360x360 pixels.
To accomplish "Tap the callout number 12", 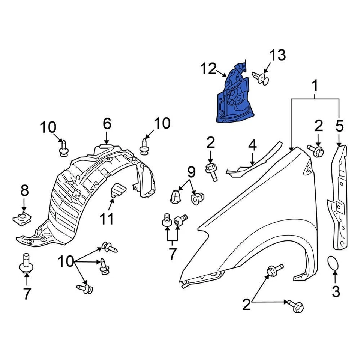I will click(208, 69).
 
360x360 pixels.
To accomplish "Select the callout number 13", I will click(277, 55).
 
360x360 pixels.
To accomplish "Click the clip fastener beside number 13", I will click(262, 78).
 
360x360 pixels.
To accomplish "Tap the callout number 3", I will click(336, 291).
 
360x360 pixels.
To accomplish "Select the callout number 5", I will click(339, 127).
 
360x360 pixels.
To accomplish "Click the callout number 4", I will click(252, 145).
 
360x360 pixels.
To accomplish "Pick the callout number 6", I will click(107, 123).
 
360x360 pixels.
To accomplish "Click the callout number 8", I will click(24, 191).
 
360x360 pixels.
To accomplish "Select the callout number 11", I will click(106, 219).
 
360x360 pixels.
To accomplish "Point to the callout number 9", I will click(191, 172).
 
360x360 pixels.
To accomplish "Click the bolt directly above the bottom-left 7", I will click(26, 264).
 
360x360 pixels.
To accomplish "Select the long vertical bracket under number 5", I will click(339, 199).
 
